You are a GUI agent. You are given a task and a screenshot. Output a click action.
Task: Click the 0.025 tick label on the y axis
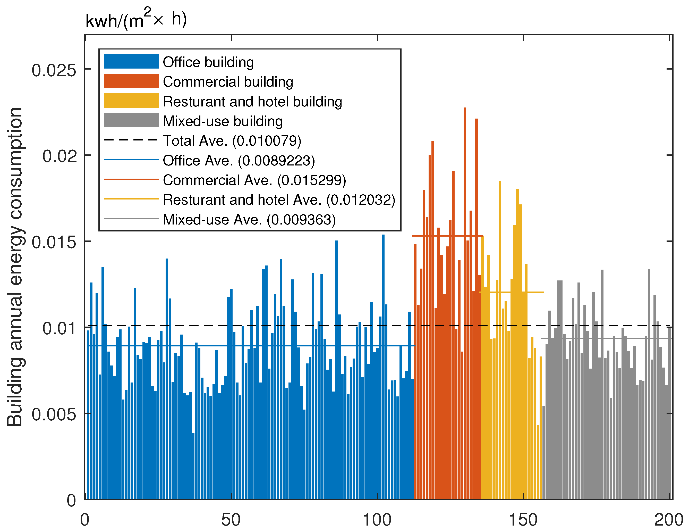click(x=54, y=70)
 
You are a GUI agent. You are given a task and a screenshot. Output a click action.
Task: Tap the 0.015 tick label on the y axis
click(x=54, y=243)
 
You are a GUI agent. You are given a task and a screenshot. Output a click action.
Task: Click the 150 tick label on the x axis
click(x=523, y=520)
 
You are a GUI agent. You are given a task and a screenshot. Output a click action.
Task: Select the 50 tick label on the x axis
click(x=231, y=520)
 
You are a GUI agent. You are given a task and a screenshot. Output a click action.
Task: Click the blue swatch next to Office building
click(x=131, y=61)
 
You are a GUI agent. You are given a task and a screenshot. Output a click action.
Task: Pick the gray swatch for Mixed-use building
click(x=131, y=120)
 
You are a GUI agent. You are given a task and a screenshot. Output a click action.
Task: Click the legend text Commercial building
click(x=228, y=82)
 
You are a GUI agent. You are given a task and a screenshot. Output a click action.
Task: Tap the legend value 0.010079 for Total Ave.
click(x=267, y=141)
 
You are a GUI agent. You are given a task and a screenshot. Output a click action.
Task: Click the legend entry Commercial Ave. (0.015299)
click(x=254, y=180)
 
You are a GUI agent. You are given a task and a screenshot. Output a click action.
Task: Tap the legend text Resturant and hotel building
click(x=252, y=102)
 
